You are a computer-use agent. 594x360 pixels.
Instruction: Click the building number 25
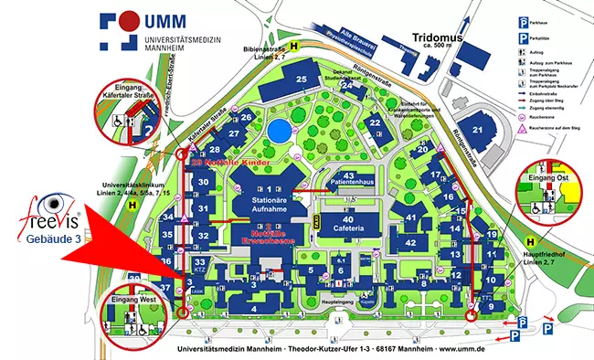(301, 80)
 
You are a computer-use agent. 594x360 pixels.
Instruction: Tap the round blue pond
(279, 130)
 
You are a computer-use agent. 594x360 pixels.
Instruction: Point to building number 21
(476, 131)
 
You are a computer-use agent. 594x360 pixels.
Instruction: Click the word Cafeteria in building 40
(348, 229)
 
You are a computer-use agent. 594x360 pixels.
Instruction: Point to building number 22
(373, 123)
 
